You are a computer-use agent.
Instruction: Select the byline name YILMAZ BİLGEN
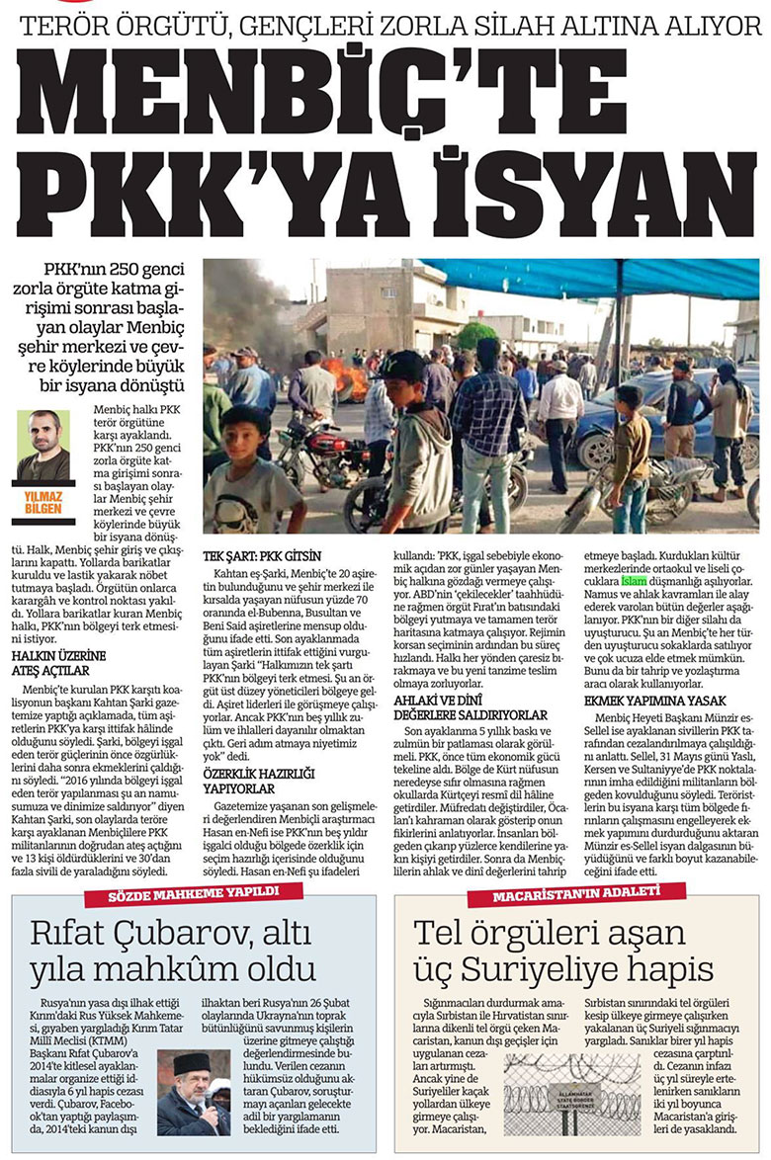[44, 503]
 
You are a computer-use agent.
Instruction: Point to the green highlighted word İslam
[633, 583]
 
